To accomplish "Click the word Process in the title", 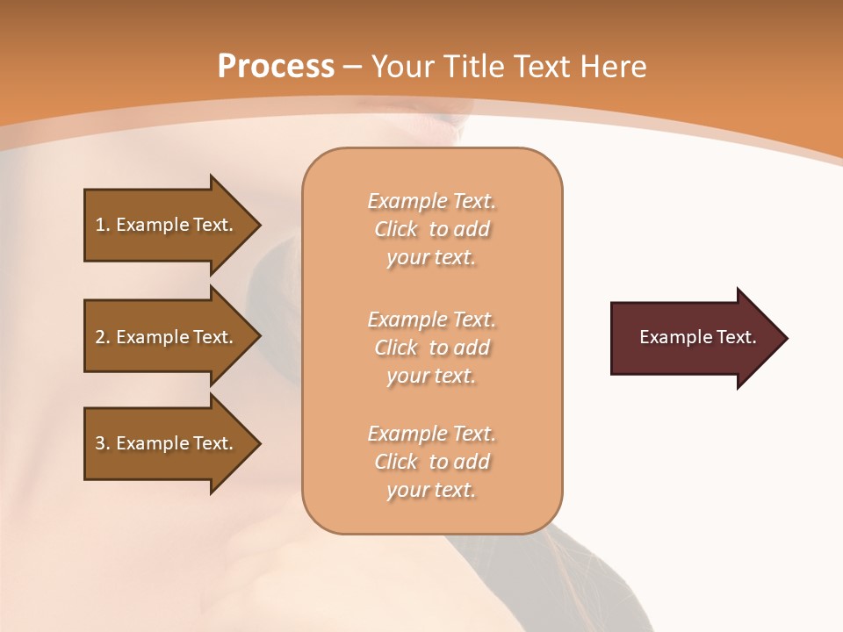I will coord(276,67).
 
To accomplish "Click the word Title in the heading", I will coord(471,67).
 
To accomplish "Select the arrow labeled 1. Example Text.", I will coord(167,225).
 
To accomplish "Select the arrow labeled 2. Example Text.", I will coord(167,337).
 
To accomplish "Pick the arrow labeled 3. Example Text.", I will coord(167,443).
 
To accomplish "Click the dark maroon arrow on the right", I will coord(694,338).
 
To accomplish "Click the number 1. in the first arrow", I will coord(103,226).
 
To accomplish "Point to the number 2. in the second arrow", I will coord(103,337).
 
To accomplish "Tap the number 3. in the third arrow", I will coord(103,443).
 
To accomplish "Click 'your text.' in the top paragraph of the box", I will coord(431,258).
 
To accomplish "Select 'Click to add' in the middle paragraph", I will coord(431,348).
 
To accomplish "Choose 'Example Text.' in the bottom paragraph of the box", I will coord(431,434).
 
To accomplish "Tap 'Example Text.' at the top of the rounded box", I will coord(431,201).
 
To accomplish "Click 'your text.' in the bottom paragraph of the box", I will coord(431,490).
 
